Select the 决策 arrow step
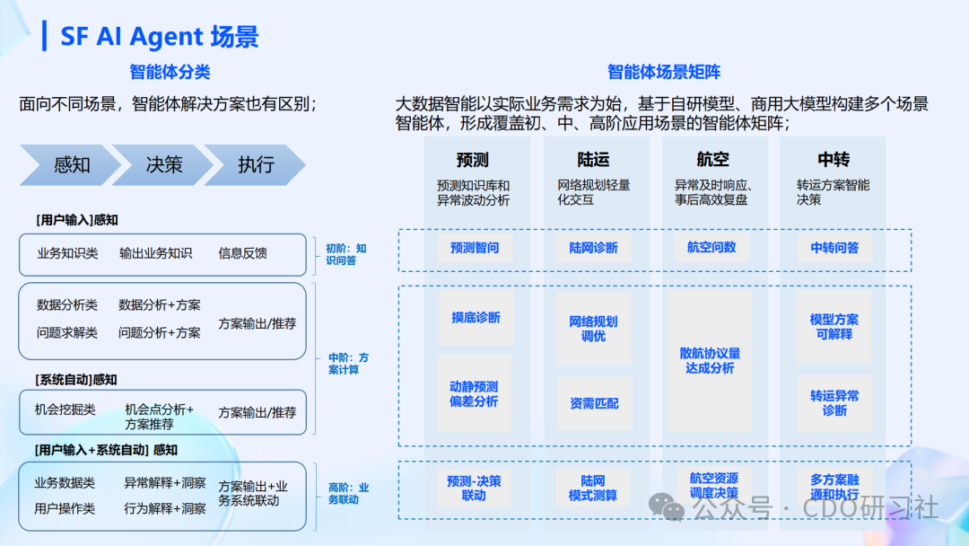pyautogui.click(x=164, y=165)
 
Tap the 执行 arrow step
pyautogui.click(x=256, y=165)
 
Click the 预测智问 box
pyautogui.click(x=475, y=248)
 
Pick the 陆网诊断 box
pyautogui.click(x=593, y=248)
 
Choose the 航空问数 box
pyautogui.click(x=711, y=247)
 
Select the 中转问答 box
pyautogui.click(x=834, y=248)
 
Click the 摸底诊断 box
pyautogui.click(x=476, y=318)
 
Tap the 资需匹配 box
pyautogui.click(x=594, y=403)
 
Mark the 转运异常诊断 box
pyautogui.click(x=834, y=402)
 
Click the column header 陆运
pyautogui.click(x=593, y=160)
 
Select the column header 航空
pyautogui.click(x=712, y=160)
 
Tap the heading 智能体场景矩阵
pyautogui.click(x=664, y=73)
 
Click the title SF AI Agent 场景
pyautogui.click(x=160, y=37)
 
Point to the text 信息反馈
pyautogui.click(x=242, y=253)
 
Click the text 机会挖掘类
pyautogui.click(x=65, y=409)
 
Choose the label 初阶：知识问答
pyautogui.click(x=345, y=254)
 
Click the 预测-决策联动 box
pyautogui.click(x=474, y=488)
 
